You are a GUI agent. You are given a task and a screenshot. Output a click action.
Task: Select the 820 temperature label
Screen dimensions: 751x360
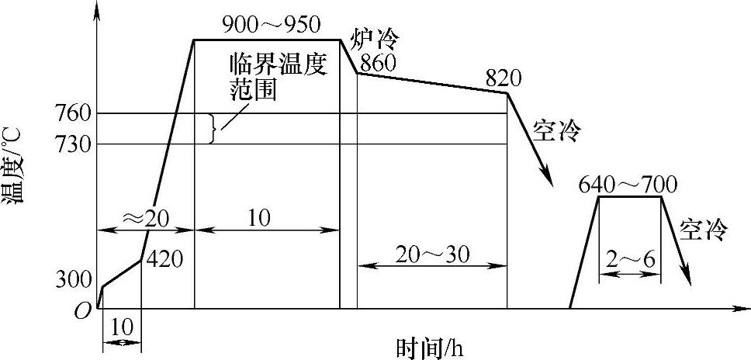coord(504,78)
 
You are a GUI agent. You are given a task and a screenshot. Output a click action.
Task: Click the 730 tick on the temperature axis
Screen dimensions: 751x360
coord(75,144)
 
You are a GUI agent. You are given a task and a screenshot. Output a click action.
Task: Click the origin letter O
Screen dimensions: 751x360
coord(83,312)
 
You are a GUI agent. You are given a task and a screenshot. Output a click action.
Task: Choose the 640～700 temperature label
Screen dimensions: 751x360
coord(628,185)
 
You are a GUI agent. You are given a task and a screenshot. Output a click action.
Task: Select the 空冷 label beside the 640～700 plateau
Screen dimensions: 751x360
coord(704,229)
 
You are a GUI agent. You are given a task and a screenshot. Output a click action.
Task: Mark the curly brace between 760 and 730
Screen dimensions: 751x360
coord(213,130)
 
